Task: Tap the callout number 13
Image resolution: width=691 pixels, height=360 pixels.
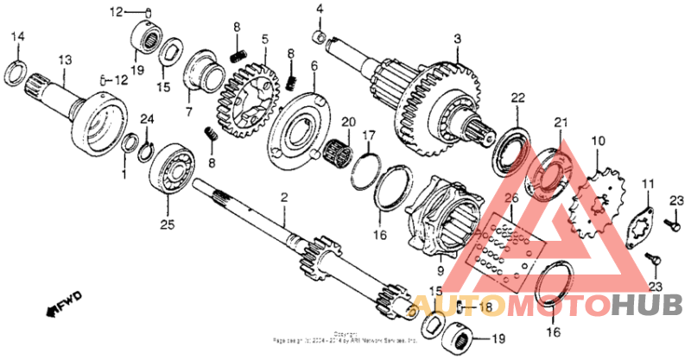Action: click(x=63, y=59)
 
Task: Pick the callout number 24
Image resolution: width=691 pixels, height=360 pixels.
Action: click(x=147, y=118)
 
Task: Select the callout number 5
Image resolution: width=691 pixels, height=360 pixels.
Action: click(x=265, y=39)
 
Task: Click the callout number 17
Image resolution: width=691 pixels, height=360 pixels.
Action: click(x=368, y=135)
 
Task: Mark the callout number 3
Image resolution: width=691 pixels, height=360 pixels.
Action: click(x=458, y=38)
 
